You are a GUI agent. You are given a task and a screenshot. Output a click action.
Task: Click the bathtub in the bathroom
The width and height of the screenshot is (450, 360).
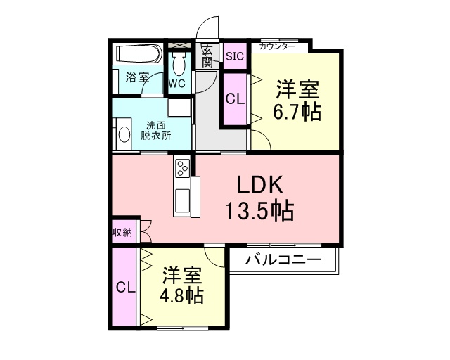(x=139, y=54)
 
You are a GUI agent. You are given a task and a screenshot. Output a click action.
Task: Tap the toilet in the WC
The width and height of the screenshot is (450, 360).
(x=180, y=64)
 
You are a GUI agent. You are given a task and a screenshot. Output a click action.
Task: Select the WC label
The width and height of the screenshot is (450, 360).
(x=177, y=84)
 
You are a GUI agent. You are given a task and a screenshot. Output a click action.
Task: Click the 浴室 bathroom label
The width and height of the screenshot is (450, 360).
(x=138, y=77)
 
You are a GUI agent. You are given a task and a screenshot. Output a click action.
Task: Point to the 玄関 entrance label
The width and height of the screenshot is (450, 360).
(x=207, y=56)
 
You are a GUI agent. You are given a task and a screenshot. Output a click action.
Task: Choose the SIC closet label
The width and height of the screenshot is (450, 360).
(x=235, y=56)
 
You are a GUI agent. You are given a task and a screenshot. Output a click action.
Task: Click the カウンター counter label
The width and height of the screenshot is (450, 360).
(x=277, y=46)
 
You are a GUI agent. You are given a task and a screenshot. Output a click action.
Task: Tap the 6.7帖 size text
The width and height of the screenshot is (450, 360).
(x=297, y=112)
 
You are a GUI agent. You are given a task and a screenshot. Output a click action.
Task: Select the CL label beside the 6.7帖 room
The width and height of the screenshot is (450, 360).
(x=235, y=99)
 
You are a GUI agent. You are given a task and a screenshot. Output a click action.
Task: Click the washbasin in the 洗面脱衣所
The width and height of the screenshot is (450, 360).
(x=124, y=134)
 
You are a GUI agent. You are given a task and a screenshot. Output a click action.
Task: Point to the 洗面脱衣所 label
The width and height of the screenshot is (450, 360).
(x=156, y=131)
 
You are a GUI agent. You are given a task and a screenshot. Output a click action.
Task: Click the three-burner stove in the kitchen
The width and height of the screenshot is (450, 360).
(x=181, y=167)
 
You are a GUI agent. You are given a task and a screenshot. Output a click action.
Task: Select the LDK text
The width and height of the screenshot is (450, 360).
(x=260, y=185)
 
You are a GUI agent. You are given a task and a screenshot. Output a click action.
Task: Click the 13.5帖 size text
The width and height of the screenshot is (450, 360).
(x=260, y=211)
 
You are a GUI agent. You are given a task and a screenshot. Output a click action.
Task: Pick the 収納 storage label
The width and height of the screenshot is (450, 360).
(x=122, y=233)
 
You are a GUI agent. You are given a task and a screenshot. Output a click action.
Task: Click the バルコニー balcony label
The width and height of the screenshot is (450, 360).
(x=283, y=260)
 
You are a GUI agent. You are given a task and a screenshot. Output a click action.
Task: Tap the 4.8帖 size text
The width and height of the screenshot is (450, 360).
(x=181, y=296)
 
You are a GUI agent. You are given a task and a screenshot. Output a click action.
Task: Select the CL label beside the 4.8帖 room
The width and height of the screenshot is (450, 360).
(x=125, y=287)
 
